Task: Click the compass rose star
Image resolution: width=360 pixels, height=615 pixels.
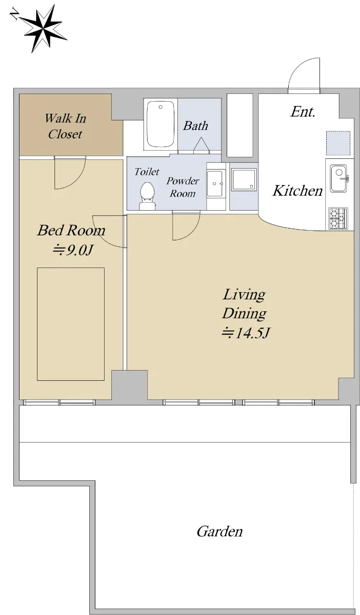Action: (x=44, y=29)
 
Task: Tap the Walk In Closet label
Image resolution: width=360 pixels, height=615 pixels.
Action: (x=66, y=126)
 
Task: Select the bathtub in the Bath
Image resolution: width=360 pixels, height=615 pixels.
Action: (x=161, y=125)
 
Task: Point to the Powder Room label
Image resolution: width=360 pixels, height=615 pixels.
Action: (x=183, y=187)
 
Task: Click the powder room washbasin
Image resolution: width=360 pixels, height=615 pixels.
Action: (x=215, y=183)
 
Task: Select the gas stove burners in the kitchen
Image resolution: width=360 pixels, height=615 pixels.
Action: (x=338, y=218)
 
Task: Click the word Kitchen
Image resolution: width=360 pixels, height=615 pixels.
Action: (x=297, y=191)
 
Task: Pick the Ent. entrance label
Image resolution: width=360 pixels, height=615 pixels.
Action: (x=303, y=112)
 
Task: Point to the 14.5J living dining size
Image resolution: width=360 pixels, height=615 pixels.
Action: (x=246, y=333)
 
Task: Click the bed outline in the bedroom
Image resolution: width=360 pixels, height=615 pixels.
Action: (x=71, y=324)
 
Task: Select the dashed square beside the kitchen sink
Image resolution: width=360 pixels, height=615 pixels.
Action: (x=338, y=143)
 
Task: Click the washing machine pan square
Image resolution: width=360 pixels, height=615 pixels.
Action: (x=244, y=179)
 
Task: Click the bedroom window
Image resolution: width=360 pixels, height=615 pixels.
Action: (x=59, y=402)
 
